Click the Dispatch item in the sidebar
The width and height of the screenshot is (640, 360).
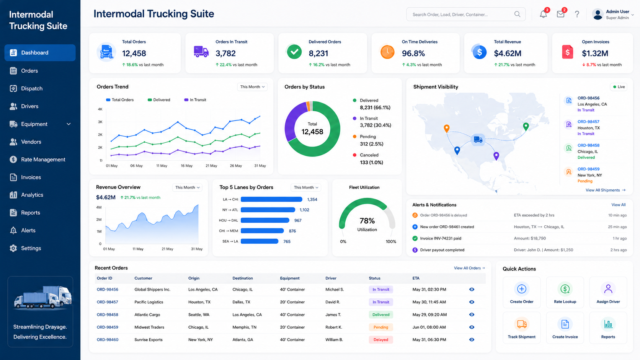pyautogui.click(x=31, y=88)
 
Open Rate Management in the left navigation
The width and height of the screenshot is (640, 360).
pyautogui.click(x=43, y=160)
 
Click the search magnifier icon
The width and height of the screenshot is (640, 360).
pyautogui.click(x=517, y=14)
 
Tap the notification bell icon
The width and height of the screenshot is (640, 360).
pyautogui.click(x=543, y=14)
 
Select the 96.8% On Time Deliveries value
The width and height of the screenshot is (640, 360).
pyautogui.click(x=413, y=54)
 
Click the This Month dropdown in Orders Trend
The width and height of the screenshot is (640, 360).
pyautogui.click(x=252, y=87)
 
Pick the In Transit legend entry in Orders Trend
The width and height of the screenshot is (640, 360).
pyautogui.click(x=195, y=100)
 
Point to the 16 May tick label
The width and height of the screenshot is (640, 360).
pyautogui.click(x=186, y=166)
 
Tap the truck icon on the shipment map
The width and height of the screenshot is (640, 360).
pyautogui.click(x=478, y=139)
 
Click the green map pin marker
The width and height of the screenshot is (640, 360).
pyautogui.click(x=526, y=127)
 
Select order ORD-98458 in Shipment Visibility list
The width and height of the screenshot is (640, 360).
pyautogui.click(x=588, y=145)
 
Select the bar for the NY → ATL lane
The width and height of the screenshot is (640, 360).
pyautogui.click(x=268, y=210)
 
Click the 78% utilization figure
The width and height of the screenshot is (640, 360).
pyautogui.click(x=367, y=221)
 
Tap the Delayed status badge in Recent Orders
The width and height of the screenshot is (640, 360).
pyautogui.click(x=380, y=340)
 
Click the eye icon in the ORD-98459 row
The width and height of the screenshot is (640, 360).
pyautogui.click(x=472, y=327)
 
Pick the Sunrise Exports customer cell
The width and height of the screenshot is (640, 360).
pyautogui.click(x=148, y=340)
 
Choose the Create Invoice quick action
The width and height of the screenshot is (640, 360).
pyautogui.click(x=565, y=328)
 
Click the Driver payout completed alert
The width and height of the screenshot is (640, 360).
pyautogui.click(x=442, y=250)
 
